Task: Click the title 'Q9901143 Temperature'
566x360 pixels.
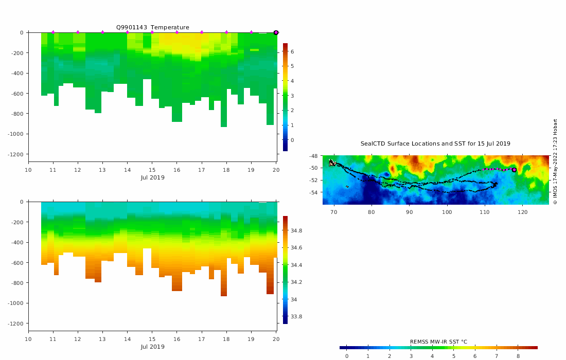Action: click(x=152, y=27)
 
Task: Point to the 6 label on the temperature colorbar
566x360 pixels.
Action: click(x=292, y=52)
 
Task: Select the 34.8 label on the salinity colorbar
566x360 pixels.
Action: click(x=296, y=231)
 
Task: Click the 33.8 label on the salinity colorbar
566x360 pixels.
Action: click(x=296, y=317)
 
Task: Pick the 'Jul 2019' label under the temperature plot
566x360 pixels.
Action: click(x=152, y=177)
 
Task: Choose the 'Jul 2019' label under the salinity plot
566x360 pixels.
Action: click(x=152, y=347)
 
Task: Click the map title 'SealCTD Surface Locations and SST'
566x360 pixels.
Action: click(x=435, y=143)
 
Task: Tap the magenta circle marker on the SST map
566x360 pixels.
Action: click(x=514, y=170)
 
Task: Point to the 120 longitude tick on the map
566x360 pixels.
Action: click(x=523, y=211)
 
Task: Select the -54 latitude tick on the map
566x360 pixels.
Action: click(x=313, y=193)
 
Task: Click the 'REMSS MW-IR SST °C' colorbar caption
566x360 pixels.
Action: click(x=438, y=342)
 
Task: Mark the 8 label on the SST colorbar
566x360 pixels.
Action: click(x=518, y=356)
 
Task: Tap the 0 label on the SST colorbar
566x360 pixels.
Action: click(x=347, y=356)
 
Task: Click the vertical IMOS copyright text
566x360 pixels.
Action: click(x=555, y=161)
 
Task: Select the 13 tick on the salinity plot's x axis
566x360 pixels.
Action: click(x=102, y=339)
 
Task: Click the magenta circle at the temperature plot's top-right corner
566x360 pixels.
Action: click(x=276, y=32)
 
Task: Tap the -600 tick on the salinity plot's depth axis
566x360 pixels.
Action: click(x=17, y=263)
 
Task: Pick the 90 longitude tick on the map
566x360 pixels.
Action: click(x=409, y=211)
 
